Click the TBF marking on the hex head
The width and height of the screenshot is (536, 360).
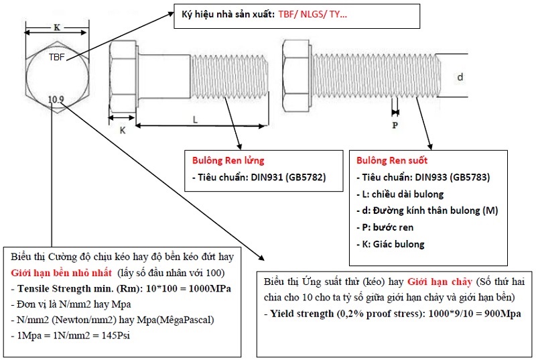[x=57, y=57]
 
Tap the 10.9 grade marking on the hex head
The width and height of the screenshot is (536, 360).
[x=56, y=100]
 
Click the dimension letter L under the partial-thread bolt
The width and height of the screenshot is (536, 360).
[x=195, y=119]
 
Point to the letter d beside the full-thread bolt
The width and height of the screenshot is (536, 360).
[x=460, y=78]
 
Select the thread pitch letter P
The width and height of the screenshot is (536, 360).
[x=395, y=125]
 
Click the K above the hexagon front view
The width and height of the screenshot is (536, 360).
[x=56, y=28]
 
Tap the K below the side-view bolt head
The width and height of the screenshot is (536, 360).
[x=122, y=131]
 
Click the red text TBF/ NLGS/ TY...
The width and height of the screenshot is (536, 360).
[x=312, y=14]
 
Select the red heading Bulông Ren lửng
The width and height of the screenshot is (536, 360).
[x=228, y=161]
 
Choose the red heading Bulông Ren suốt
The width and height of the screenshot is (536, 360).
[x=392, y=161]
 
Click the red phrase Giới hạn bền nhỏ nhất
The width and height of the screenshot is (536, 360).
[x=62, y=273]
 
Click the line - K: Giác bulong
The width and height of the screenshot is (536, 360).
[x=391, y=244]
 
